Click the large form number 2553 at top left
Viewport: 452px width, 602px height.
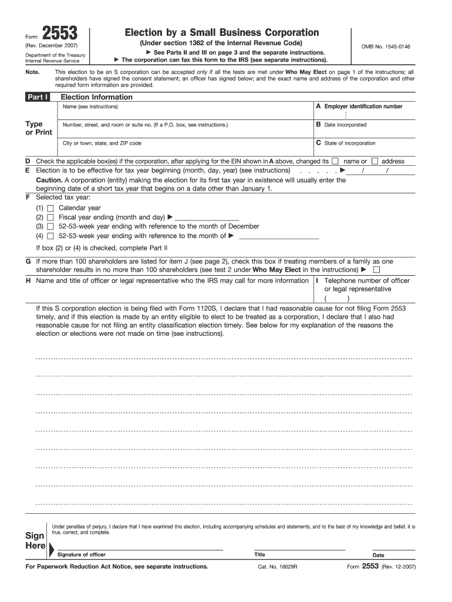62,34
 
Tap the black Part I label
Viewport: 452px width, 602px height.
37,97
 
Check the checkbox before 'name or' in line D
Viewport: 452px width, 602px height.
335,161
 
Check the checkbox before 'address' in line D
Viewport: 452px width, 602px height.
374,161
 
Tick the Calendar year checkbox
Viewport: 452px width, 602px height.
50,208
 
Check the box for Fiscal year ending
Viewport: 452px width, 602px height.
50,218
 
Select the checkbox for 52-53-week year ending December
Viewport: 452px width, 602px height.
50,226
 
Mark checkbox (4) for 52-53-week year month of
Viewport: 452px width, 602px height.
50,236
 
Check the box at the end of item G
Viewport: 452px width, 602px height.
376,270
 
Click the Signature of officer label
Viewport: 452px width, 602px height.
81,554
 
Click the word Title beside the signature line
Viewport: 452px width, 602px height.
259,554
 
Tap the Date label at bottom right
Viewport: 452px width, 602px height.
378,555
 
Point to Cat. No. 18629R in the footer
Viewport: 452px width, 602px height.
278,567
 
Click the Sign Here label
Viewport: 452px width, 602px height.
35,541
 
